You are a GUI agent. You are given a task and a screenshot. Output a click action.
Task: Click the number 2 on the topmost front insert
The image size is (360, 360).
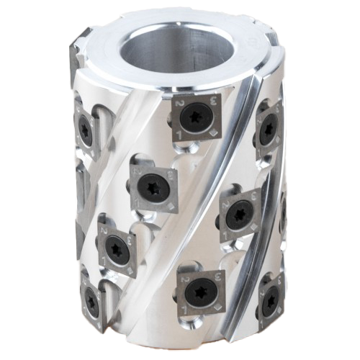coord(177,104)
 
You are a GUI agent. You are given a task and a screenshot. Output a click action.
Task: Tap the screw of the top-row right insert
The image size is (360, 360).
coord(267,130)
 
